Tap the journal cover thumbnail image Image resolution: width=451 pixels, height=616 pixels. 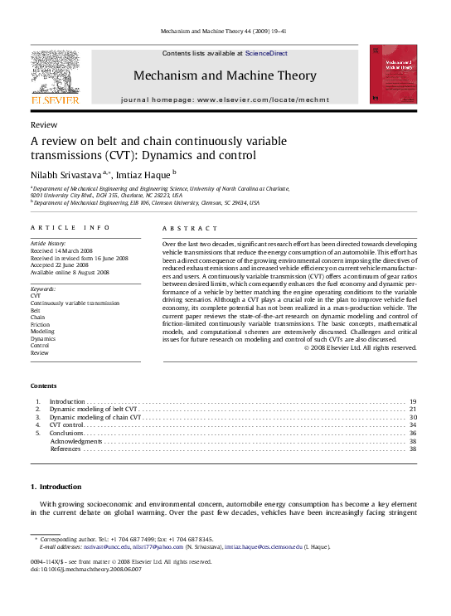[393, 74]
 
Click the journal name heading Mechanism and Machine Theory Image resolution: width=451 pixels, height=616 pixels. [225, 76]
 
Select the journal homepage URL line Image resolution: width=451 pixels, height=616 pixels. [225, 99]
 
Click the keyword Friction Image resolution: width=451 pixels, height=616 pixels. [41, 323]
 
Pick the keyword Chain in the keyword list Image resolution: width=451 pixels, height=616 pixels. [38, 316]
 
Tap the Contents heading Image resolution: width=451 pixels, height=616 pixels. [44, 386]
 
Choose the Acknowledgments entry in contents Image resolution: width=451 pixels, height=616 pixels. [76, 441]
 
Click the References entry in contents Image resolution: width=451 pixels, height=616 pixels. [65, 449]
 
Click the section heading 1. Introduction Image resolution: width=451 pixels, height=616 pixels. [56, 487]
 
